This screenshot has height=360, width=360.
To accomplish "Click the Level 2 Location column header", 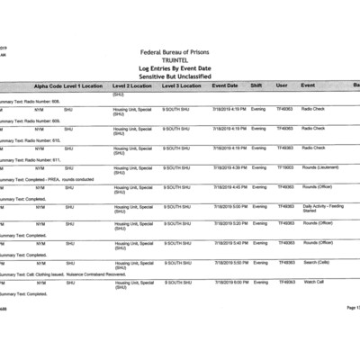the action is point(133,85).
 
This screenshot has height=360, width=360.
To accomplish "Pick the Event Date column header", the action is point(225,85).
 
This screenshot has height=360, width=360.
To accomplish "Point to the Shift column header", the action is point(256,85).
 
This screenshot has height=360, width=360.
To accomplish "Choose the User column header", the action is point(282,85).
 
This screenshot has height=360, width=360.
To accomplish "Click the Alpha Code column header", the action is point(48,85).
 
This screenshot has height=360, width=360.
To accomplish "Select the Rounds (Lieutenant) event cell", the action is point(319,167).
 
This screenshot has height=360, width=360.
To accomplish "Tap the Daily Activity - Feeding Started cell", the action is point(322,208).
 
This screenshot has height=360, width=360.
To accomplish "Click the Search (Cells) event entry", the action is point(318,263).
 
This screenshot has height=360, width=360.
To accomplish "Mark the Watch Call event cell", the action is point(313,282).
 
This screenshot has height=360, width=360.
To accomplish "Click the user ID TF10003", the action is point(284,167).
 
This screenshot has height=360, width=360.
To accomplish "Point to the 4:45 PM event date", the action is point(229,187).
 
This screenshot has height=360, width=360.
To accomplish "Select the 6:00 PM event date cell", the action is point(229,282).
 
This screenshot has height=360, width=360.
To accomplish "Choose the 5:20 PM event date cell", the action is point(229,223).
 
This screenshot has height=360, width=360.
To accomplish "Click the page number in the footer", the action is point(352,307).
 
